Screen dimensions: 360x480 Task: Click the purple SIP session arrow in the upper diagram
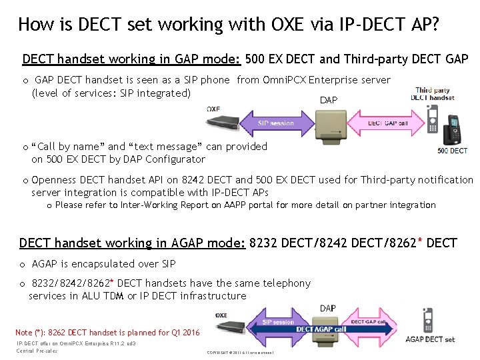point(276,123)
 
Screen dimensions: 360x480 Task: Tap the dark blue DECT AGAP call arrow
point(321,329)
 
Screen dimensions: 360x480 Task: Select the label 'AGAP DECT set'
point(430,340)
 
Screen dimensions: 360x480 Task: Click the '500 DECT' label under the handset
point(452,151)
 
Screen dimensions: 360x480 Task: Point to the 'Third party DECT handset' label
point(433,94)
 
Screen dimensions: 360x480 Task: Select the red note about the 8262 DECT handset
point(107,332)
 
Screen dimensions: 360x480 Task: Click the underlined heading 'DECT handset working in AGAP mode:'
point(132,243)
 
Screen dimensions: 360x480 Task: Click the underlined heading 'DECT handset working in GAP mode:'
point(131,59)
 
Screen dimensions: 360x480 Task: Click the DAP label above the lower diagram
point(328,308)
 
